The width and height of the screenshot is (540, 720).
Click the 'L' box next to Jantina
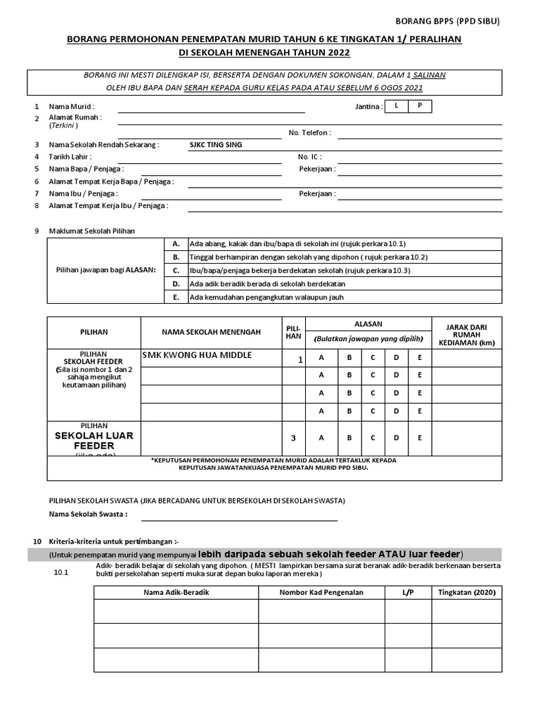click(x=397, y=106)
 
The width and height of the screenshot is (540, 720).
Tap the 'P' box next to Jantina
click(x=420, y=106)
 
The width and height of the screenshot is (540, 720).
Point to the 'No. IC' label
click(x=310, y=157)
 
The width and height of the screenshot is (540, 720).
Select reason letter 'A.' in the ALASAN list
click(x=176, y=243)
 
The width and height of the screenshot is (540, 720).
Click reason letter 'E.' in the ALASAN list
click(x=176, y=297)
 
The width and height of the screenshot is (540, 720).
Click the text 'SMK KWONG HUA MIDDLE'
click(x=197, y=355)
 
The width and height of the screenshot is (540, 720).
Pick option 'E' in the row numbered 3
click(x=420, y=438)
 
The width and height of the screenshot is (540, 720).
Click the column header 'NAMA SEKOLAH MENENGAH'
click(x=211, y=332)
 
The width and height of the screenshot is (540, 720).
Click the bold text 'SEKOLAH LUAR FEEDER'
click(x=94, y=440)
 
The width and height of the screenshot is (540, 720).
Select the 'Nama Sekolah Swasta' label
click(x=88, y=514)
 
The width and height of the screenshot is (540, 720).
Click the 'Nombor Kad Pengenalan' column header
click(x=321, y=592)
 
